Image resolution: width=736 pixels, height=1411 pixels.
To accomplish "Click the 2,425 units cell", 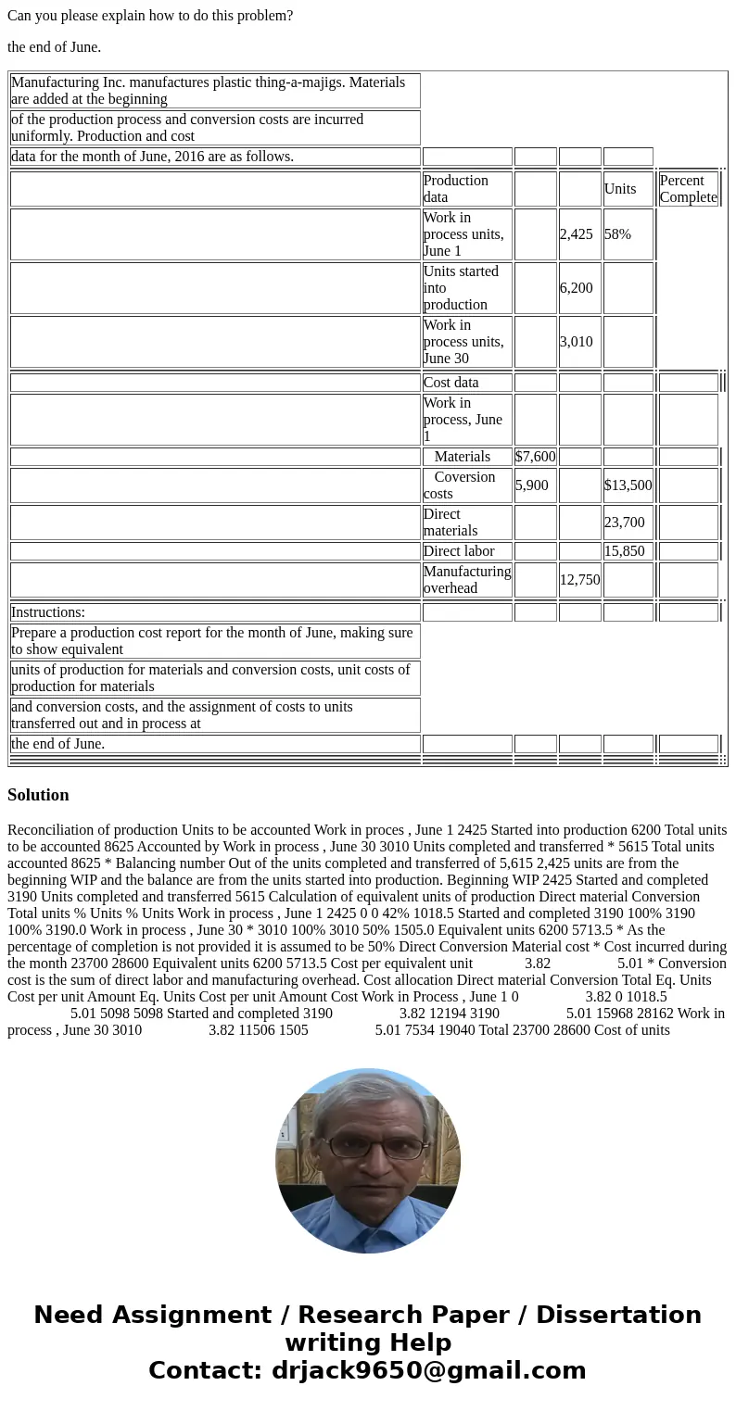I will (576, 234).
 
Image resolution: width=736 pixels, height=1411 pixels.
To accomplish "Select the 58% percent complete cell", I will (618, 234).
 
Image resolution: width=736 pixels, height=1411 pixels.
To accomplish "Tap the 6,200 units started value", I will (576, 288).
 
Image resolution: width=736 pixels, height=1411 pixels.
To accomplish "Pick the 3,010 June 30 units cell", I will (576, 342).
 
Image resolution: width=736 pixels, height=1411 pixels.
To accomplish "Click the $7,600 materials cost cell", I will (535, 457).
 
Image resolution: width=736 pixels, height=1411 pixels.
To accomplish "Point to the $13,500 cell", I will (628, 485).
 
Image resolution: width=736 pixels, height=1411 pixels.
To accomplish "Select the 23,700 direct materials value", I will (625, 523).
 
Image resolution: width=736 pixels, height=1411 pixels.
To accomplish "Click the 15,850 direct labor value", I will (625, 551).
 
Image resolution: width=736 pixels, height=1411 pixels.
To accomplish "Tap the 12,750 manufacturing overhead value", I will (579, 580).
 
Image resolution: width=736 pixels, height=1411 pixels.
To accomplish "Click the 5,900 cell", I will (532, 485).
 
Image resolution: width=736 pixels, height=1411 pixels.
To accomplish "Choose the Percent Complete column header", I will (688, 189).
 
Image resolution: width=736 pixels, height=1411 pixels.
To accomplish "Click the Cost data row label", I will (451, 383).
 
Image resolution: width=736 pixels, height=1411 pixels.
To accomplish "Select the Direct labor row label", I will (459, 551).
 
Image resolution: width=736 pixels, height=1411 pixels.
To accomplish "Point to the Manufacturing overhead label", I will (467, 580).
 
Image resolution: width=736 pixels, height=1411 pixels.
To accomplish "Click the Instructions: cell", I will (48, 612).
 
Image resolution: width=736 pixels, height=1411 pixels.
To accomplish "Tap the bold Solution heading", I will (38, 795).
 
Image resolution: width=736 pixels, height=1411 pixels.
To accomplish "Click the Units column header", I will (620, 189).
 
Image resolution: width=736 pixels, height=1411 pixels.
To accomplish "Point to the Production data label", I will (455, 189).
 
